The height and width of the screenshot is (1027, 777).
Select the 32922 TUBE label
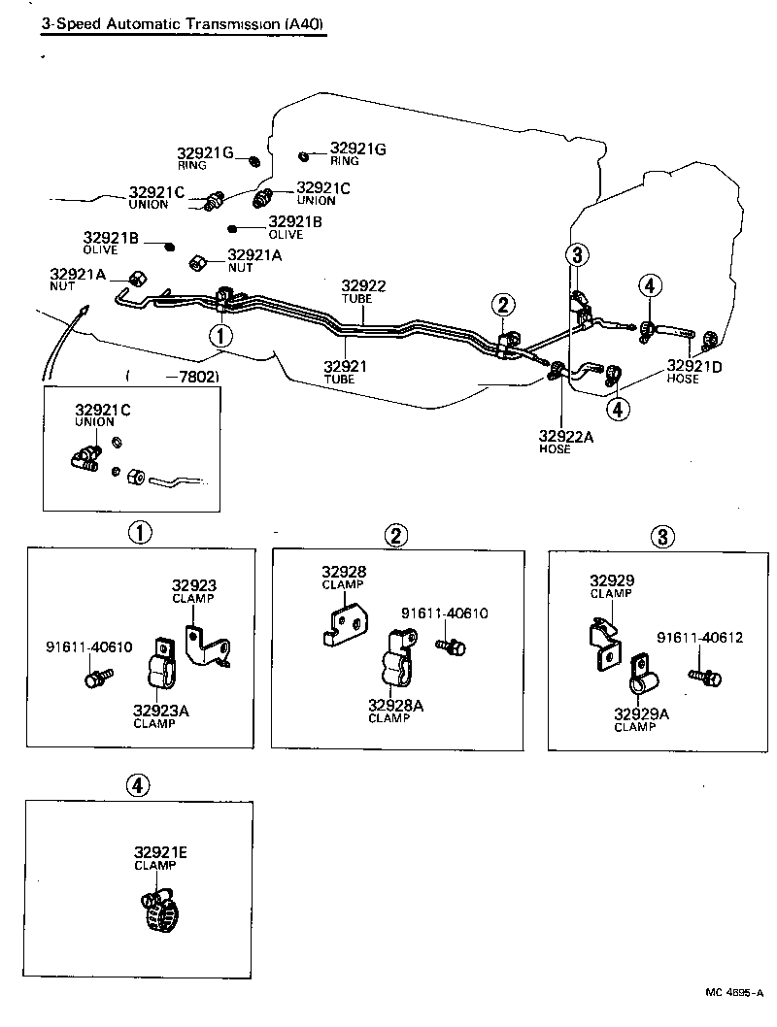click(363, 291)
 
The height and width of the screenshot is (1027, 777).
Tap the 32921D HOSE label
click(694, 372)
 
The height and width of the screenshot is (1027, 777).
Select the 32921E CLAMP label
click(160, 858)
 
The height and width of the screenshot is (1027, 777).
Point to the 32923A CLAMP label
click(161, 715)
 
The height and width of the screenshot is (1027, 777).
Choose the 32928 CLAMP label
click(345, 577)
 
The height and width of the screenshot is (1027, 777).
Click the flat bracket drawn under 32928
click(344, 623)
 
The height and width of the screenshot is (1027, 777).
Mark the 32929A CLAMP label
click(641, 719)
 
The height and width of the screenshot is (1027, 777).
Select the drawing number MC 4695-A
click(735, 994)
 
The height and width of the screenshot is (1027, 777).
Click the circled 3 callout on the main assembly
click(578, 255)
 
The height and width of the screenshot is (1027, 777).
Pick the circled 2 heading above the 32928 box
click(395, 535)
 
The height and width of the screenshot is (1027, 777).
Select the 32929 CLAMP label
click(612, 585)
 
